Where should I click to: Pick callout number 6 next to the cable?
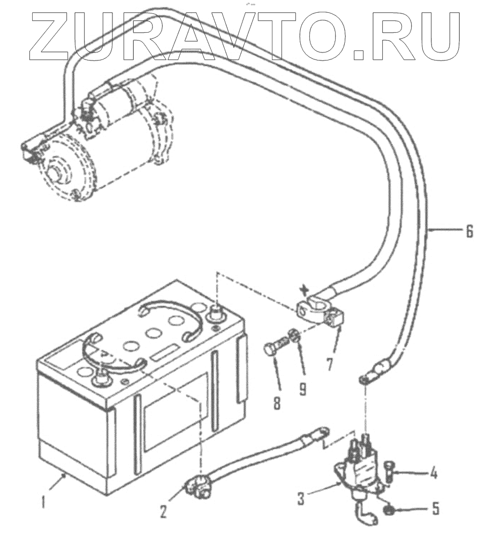[x=469, y=231]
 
